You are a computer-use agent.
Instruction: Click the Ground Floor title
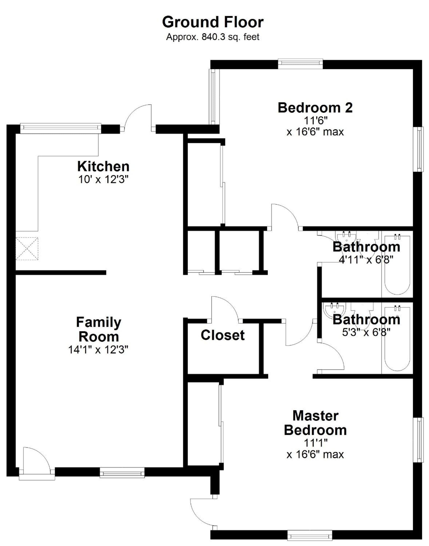pos(213,22)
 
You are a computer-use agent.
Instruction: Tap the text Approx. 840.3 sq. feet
pos(213,37)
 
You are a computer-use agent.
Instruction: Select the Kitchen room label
pos(103,166)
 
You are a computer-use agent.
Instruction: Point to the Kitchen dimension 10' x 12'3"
pos(103,179)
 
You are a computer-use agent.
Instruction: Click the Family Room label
pos(99,329)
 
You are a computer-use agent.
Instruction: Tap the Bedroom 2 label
pos(315,107)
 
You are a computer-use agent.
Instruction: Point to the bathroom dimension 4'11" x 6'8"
pos(366,259)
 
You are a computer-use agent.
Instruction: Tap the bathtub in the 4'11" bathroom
pos(397,264)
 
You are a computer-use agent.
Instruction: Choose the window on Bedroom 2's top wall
pos(300,64)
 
